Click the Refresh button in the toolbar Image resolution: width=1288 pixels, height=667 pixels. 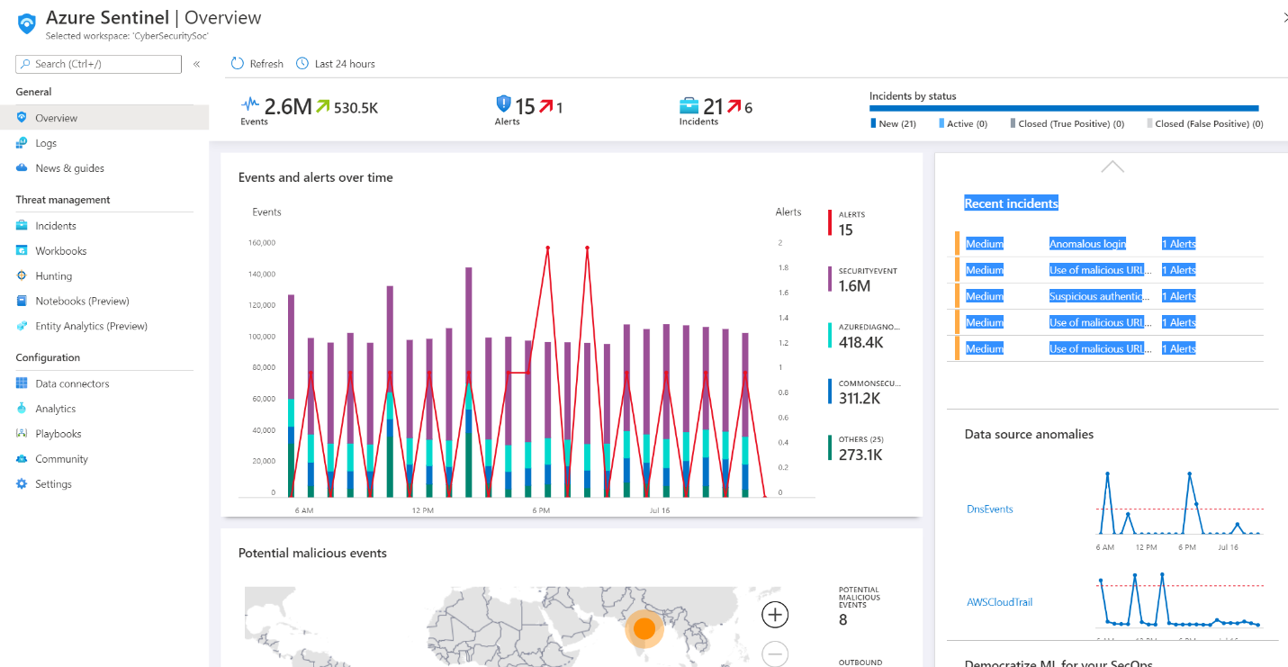point(257,64)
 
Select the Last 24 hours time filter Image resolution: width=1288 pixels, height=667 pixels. point(336,64)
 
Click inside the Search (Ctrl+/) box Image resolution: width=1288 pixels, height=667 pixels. point(99,64)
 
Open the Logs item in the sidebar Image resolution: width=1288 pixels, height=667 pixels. point(46,143)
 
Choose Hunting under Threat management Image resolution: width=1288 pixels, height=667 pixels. point(53,276)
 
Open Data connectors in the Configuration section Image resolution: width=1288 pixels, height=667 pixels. point(72,383)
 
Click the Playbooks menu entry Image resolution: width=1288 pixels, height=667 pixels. point(59,434)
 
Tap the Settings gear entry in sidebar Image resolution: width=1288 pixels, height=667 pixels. point(53,484)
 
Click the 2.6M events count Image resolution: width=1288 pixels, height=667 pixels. point(288,107)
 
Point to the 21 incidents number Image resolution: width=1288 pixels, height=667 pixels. point(713,107)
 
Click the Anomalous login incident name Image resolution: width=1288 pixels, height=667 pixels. point(1087,244)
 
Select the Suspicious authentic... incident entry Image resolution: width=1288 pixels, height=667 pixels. point(1095,296)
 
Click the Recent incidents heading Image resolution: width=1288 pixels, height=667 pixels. point(1011,203)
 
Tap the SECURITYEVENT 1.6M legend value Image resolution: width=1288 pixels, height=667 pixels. point(854,286)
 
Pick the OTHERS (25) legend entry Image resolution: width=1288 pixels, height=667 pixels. point(860,439)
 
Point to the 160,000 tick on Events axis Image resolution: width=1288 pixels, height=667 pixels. point(261,243)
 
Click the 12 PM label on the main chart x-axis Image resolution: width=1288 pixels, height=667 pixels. point(423,510)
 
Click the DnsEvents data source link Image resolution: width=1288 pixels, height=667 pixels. point(989,509)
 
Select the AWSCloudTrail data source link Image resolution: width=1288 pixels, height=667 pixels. point(998,602)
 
